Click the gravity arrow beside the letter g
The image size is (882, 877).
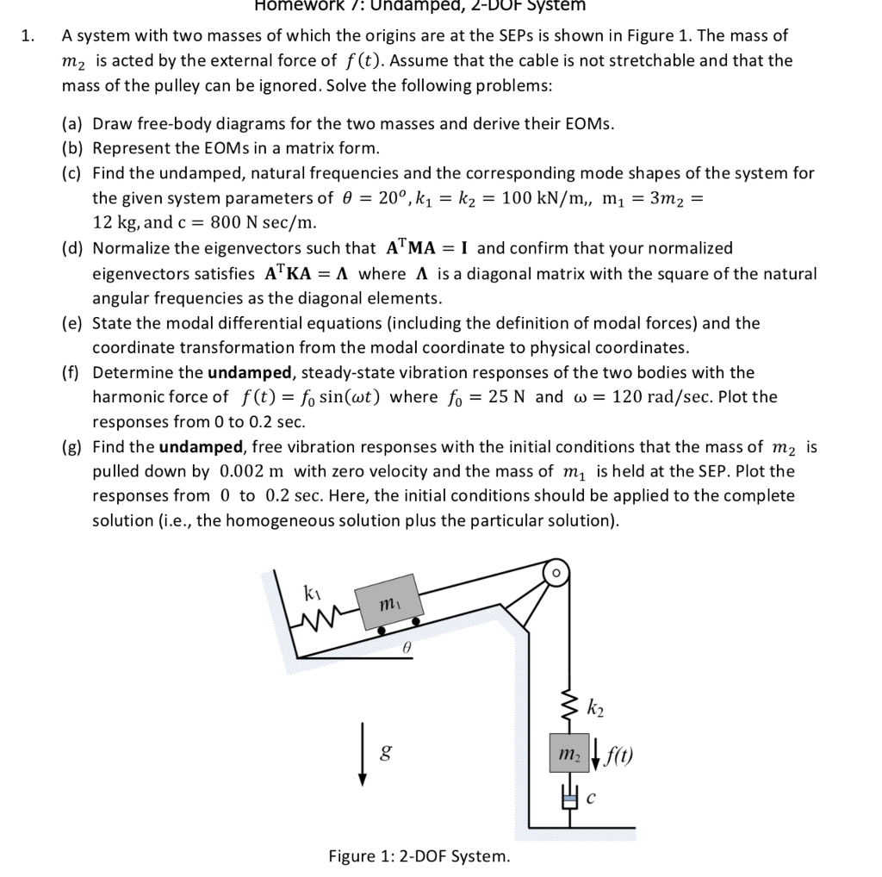363,759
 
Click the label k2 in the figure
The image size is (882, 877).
594,710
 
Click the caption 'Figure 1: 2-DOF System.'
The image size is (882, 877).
419,855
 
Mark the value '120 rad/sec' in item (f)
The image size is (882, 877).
658,397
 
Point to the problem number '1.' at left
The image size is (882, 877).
28,36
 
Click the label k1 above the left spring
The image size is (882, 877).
313,592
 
